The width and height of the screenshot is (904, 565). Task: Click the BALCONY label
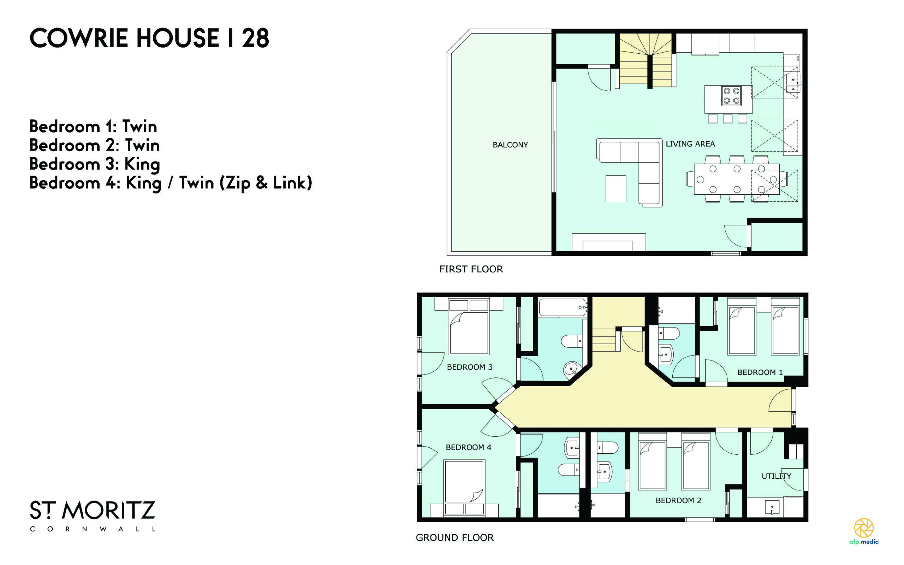510,145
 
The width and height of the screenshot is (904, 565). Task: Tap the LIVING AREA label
690,144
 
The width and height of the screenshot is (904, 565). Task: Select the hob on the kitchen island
731,95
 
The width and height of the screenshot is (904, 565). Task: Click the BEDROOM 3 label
470,367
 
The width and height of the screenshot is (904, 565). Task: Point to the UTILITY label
776,476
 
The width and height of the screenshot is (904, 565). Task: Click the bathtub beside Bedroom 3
562,307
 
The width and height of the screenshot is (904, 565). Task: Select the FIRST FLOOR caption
471,269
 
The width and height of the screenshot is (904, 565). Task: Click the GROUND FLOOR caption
455,538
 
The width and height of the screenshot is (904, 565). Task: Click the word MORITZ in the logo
109,511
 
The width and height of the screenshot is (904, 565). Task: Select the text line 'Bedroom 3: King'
95,164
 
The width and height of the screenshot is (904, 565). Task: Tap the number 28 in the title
255,38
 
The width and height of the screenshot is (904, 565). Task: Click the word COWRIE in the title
79,38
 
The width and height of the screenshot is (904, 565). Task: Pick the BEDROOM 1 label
760,372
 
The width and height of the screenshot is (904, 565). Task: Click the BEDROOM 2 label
678,500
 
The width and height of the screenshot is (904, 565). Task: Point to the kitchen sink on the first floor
793,83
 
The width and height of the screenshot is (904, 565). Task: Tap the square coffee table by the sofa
616,189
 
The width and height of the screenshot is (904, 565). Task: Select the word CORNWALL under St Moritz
93,529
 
